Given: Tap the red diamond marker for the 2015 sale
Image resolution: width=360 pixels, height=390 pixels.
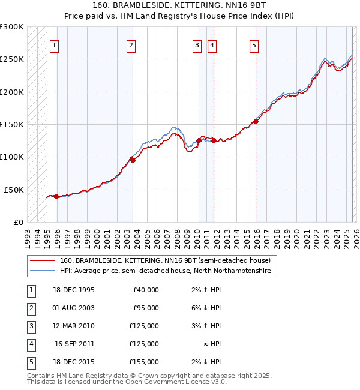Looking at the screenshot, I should tap(256, 121).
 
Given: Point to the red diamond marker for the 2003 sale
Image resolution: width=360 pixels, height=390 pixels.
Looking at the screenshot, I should tap(133, 160).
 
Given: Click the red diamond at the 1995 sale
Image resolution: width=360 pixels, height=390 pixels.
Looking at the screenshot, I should tap(56, 196).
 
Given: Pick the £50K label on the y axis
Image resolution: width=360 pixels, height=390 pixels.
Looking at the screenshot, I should tap(14, 190).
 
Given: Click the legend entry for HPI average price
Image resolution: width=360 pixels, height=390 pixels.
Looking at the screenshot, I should tap(165, 271).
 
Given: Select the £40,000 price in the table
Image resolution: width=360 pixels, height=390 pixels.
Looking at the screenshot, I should tap(145, 290).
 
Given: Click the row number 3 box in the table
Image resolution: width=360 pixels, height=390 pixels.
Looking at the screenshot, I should tap(31, 326).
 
